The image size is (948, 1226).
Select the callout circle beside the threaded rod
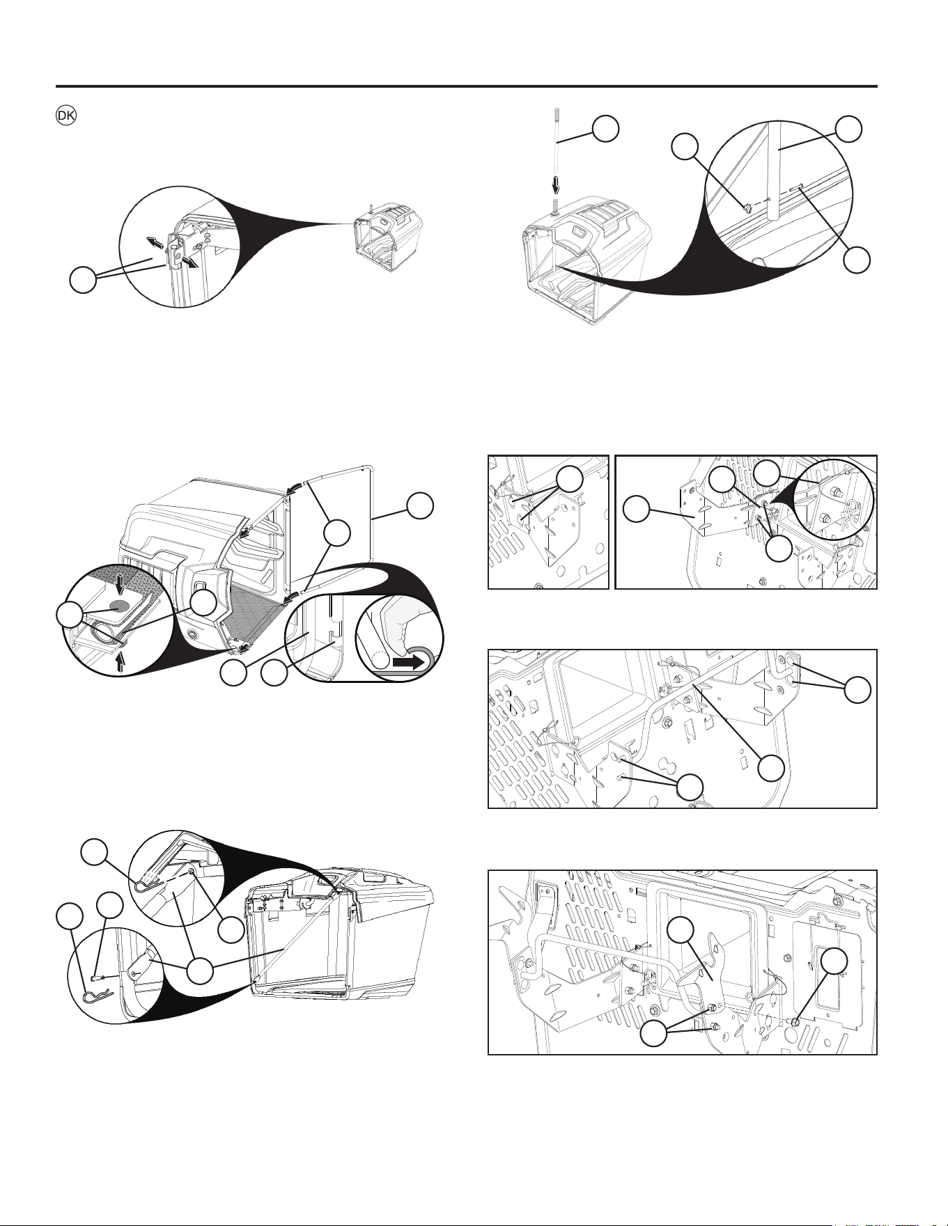(x=605, y=129)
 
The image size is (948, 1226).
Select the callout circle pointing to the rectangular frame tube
(x=419, y=507)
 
